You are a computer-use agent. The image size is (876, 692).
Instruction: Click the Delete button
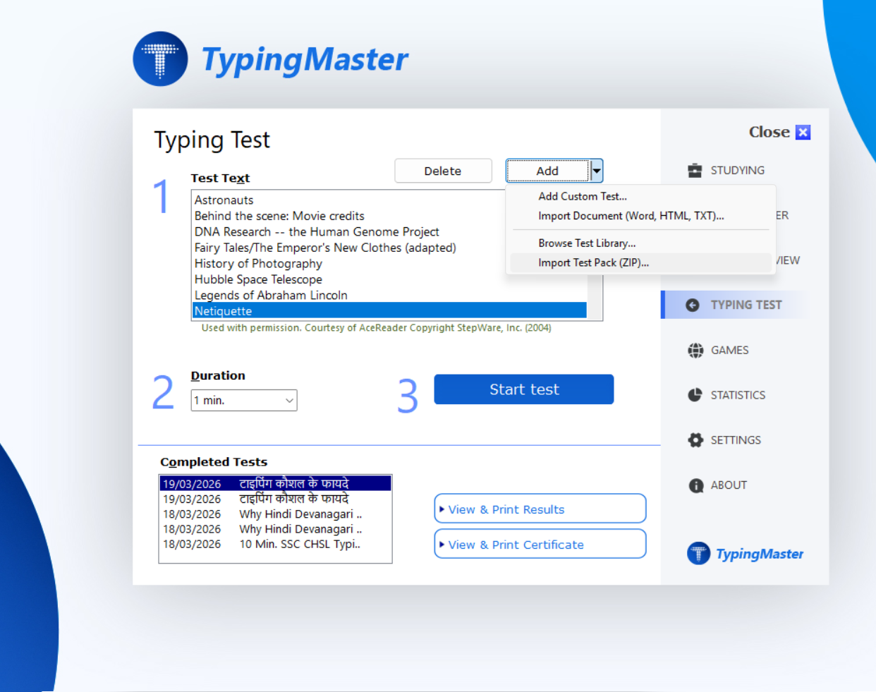pos(443,171)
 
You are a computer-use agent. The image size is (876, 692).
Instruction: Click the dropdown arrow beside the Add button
pos(597,171)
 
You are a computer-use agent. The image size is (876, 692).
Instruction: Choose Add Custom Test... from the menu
pos(583,197)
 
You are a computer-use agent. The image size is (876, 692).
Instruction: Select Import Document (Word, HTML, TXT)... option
pos(631,216)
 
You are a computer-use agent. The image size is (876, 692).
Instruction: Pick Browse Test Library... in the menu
pos(587,243)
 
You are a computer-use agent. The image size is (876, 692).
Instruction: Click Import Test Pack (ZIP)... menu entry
pos(593,263)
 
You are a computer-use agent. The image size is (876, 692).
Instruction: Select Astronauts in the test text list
pos(224,200)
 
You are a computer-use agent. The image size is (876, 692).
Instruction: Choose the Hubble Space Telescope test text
pos(258,279)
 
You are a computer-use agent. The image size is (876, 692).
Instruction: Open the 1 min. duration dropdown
pos(244,401)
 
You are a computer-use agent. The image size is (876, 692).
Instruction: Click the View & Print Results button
pos(540,509)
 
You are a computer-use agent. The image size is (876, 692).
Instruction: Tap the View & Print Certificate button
pos(540,545)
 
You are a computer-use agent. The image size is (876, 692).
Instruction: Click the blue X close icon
pos(803,133)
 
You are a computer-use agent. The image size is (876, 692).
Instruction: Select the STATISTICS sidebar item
pos(737,395)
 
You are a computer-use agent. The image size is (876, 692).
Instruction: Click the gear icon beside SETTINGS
pos(695,440)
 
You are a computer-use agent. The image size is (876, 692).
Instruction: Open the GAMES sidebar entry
pos(729,350)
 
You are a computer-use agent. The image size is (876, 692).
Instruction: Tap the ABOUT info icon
pos(695,485)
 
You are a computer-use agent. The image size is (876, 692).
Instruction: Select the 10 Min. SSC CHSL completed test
pos(300,545)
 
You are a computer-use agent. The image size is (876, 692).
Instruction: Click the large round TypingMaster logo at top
pos(161,59)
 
